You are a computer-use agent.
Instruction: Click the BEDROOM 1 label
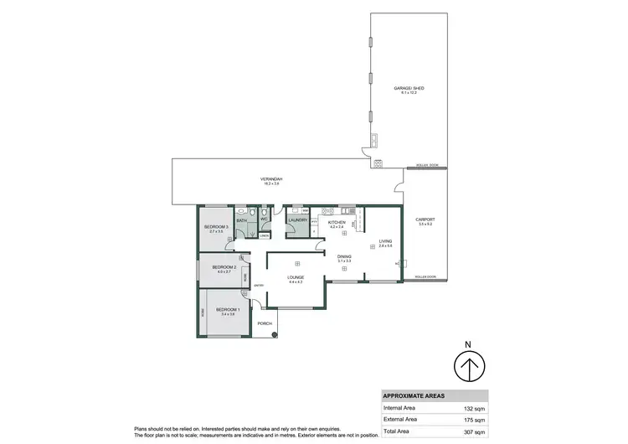[x=228, y=310]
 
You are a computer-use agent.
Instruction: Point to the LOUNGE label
[x=294, y=277]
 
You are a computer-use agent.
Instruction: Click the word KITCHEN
[x=337, y=223]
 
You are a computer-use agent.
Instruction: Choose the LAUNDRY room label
[x=298, y=220]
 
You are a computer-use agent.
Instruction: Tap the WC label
[x=263, y=220]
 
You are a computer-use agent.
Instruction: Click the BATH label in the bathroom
[x=241, y=220]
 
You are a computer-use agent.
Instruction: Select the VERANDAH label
[x=270, y=179]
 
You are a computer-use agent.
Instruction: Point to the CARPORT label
[x=426, y=220]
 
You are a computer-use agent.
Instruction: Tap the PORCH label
[x=265, y=323]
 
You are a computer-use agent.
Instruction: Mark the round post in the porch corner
[x=274, y=335]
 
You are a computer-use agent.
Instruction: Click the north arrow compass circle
[x=469, y=367]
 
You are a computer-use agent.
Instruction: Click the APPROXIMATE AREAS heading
[x=414, y=395]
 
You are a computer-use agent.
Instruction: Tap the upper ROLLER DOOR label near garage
[x=427, y=165]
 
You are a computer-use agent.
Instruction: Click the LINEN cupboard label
[x=264, y=236]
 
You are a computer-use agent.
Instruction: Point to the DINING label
[x=344, y=256]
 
